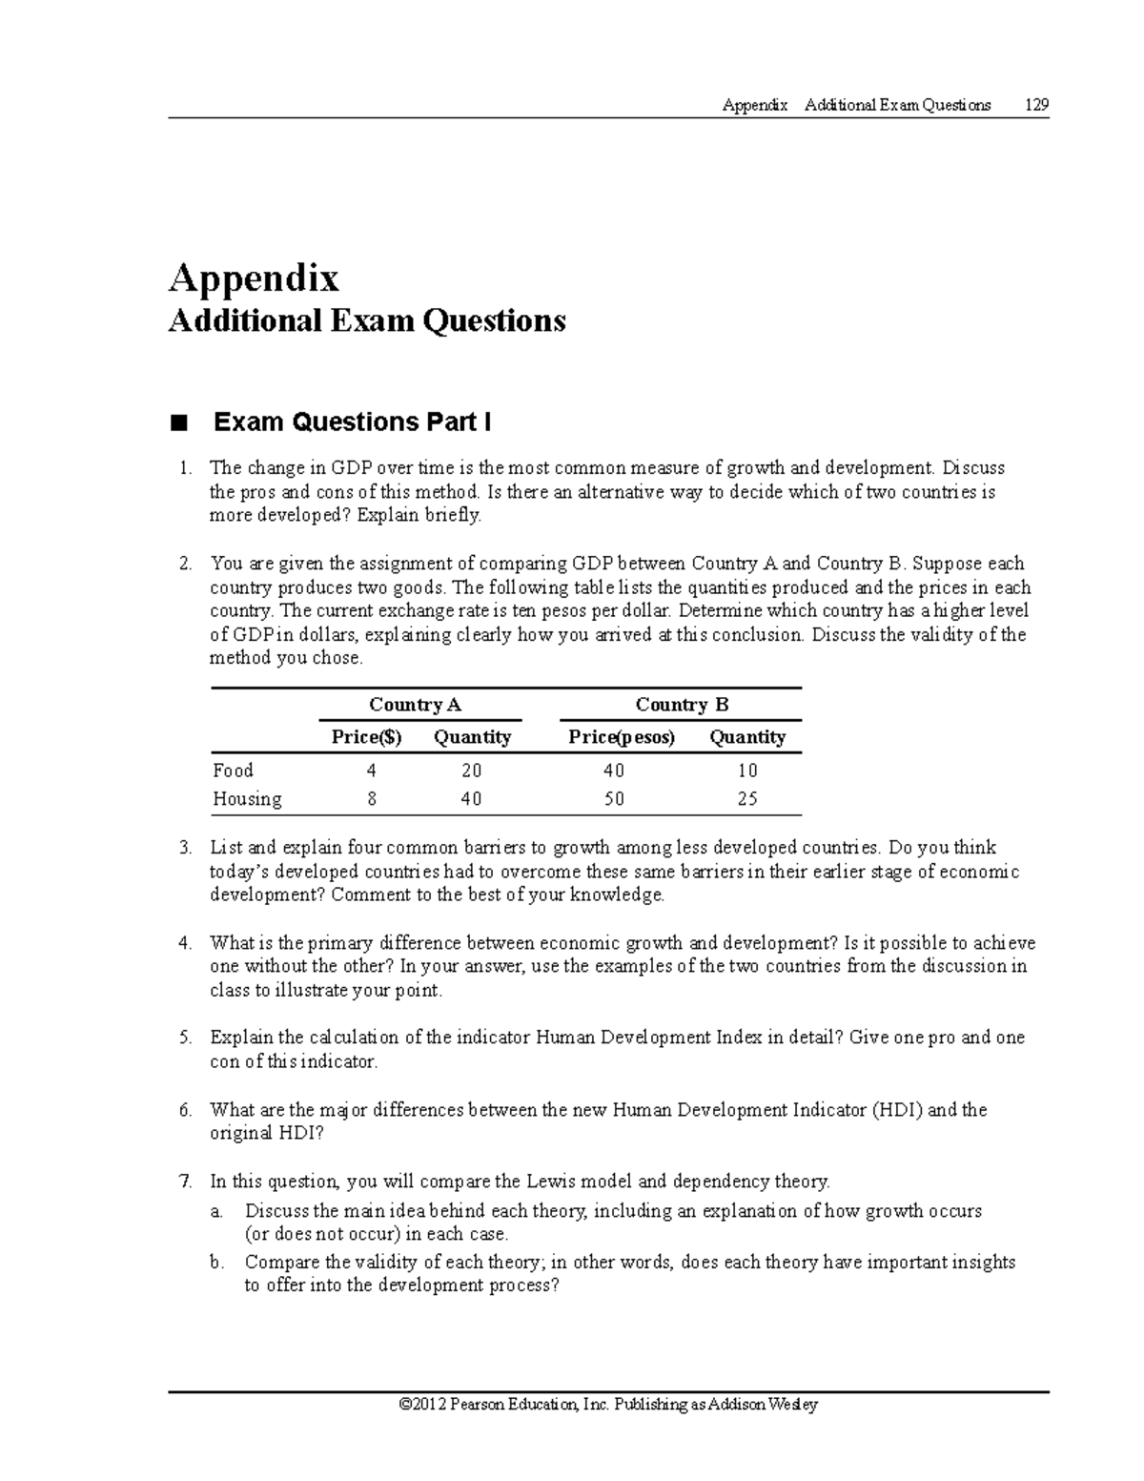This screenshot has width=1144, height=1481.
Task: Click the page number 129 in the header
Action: click(1036, 105)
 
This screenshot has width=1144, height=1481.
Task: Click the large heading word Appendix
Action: click(254, 278)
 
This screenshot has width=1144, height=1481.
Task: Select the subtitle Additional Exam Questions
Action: click(367, 320)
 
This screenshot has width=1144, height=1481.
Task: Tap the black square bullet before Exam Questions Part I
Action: click(176, 422)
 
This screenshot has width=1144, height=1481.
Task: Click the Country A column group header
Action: click(415, 705)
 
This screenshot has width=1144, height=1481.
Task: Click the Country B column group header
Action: click(682, 705)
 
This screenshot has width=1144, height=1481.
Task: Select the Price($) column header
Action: click(367, 737)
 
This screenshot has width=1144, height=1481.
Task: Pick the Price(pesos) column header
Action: click(622, 737)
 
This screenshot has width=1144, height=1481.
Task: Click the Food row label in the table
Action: click(233, 771)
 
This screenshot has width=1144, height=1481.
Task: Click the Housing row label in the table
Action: click(247, 799)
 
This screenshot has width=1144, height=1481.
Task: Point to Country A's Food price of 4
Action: click(371, 771)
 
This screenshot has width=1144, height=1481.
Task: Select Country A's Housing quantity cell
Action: click(471, 799)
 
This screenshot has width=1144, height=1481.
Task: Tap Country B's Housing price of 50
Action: click(614, 799)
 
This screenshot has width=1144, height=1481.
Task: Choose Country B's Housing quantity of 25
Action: click(747, 799)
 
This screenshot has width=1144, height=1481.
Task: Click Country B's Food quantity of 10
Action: click(747, 771)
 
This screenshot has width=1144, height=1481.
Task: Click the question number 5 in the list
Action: click(185, 1038)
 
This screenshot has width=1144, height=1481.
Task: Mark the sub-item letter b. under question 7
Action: click(216, 1263)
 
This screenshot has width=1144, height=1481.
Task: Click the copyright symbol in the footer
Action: click(407, 1405)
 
